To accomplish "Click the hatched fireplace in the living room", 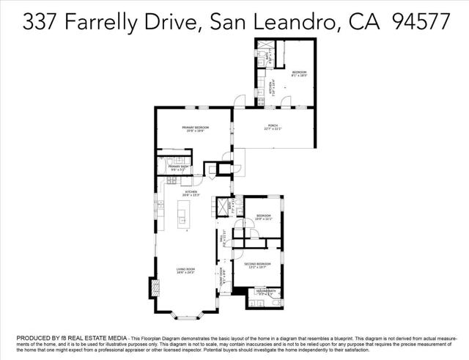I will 154,287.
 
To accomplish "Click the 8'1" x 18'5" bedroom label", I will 298,73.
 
